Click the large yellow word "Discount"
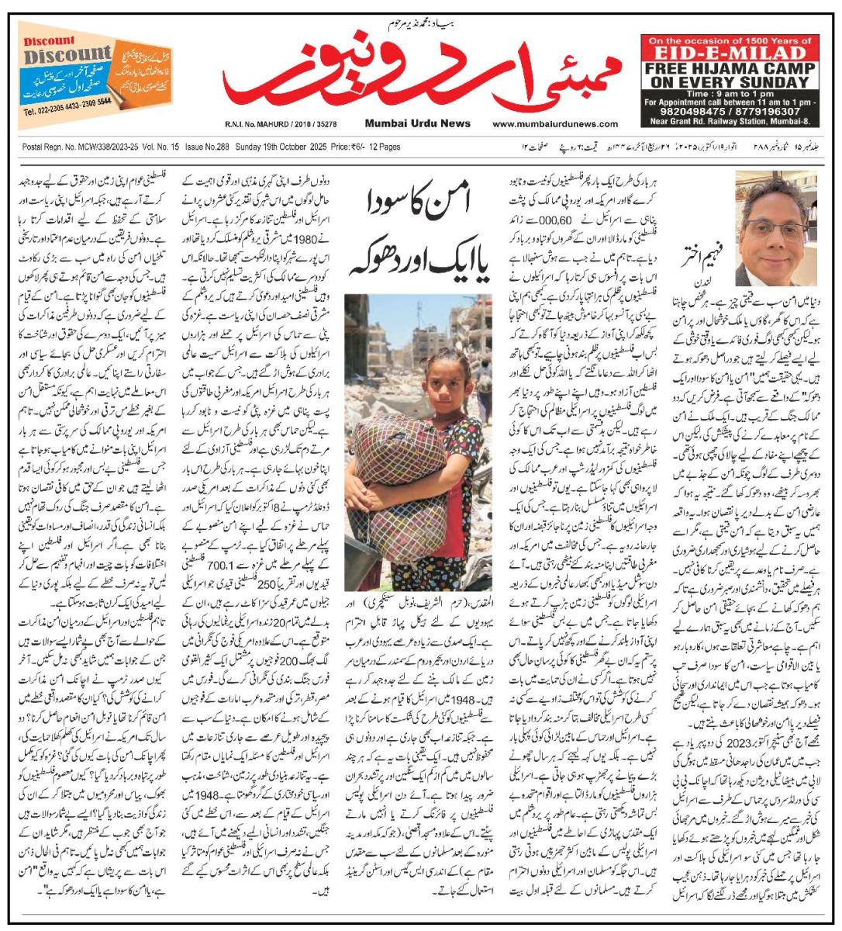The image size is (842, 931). tap(67, 56)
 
